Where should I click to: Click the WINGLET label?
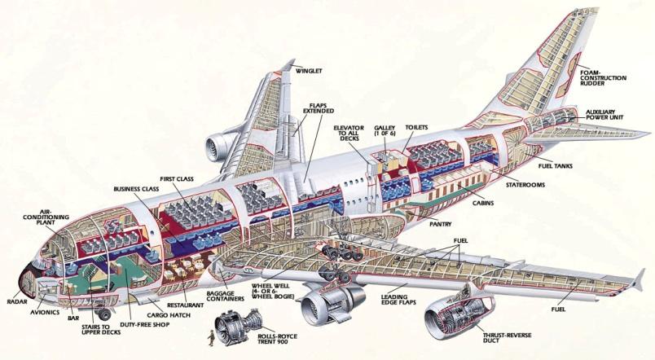click(x=309, y=71)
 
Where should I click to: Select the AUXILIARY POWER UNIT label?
click(x=604, y=115)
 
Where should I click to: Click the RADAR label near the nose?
click(x=17, y=301)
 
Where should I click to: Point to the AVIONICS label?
click(x=45, y=312)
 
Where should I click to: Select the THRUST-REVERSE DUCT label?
click(x=502, y=337)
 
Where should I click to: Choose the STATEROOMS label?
click(x=525, y=185)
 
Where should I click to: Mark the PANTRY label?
click(x=441, y=224)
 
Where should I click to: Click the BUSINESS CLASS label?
click(x=136, y=189)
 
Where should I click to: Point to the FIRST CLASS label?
click(x=177, y=178)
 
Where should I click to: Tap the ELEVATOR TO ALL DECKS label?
click(x=349, y=133)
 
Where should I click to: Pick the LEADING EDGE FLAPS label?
click(x=398, y=300)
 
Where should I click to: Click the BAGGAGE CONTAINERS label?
click(x=225, y=296)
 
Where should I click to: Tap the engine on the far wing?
click(x=219, y=146)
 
